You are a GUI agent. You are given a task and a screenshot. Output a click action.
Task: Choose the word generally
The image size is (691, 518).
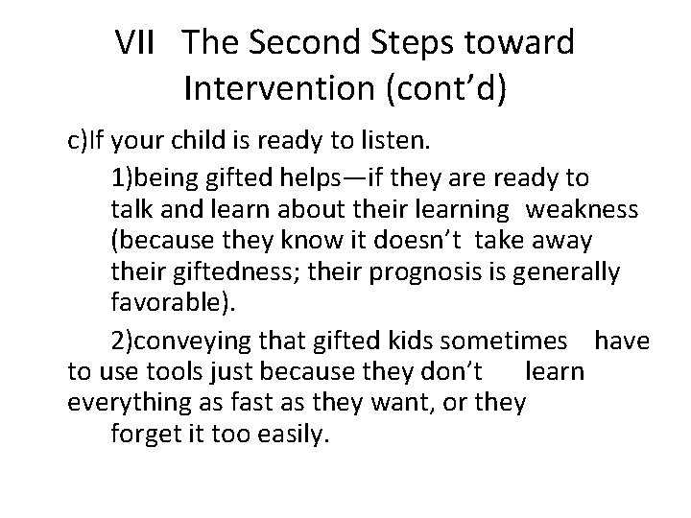pyautogui.click(x=573, y=273)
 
